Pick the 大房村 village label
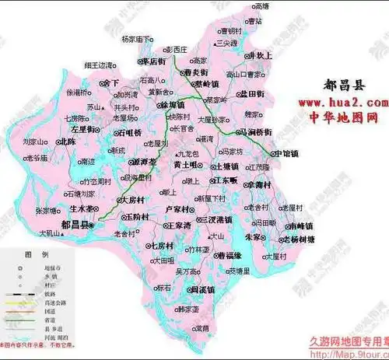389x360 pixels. [x=137, y=200]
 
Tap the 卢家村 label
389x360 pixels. [x=178, y=210]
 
